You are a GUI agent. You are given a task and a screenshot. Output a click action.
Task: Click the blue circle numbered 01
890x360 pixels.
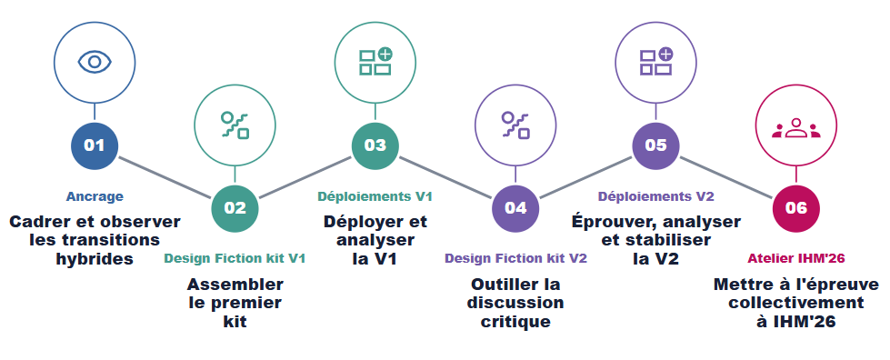point(95,145)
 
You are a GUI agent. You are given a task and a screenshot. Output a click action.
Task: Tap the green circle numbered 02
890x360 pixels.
point(235,208)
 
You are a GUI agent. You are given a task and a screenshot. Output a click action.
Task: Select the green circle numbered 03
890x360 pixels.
point(375,145)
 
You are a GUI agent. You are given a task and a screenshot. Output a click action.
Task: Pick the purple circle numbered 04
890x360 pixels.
point(515,208)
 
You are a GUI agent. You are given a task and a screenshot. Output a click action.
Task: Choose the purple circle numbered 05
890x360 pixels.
point(655,145)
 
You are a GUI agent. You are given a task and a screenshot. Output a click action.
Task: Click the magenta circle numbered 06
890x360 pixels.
point(795,208)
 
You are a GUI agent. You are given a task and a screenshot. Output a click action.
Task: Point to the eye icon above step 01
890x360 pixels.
point(95,62)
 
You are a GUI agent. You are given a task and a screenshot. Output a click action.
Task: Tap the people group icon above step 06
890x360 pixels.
point(795,128)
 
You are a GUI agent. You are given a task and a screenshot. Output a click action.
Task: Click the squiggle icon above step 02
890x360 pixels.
point(235,125)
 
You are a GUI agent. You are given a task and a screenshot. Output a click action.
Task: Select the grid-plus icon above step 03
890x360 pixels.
point(375,61)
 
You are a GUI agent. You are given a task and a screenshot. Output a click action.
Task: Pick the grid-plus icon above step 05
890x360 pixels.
point(656,61)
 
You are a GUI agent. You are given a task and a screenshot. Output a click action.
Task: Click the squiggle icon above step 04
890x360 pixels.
point(515,125)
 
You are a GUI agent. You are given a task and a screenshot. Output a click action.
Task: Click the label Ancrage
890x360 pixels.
point(95,196)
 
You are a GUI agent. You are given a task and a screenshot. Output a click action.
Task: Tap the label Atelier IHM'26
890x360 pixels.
point(795,259)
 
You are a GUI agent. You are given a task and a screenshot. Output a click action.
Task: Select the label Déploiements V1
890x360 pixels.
point(375,196)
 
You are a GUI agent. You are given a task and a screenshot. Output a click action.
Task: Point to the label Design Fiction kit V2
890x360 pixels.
point(515,259)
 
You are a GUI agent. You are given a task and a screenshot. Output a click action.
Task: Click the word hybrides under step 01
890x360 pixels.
point(95,259)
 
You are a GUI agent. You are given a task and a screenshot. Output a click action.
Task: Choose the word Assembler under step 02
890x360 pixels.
point(235,284)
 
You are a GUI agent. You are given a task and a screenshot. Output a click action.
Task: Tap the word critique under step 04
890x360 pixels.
point(515,322)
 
